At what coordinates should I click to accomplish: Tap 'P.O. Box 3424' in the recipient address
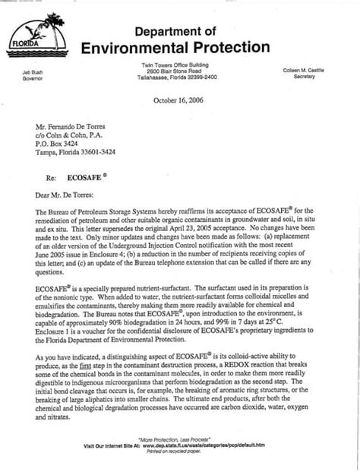62,141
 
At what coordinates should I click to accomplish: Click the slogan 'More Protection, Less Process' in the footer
180,439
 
